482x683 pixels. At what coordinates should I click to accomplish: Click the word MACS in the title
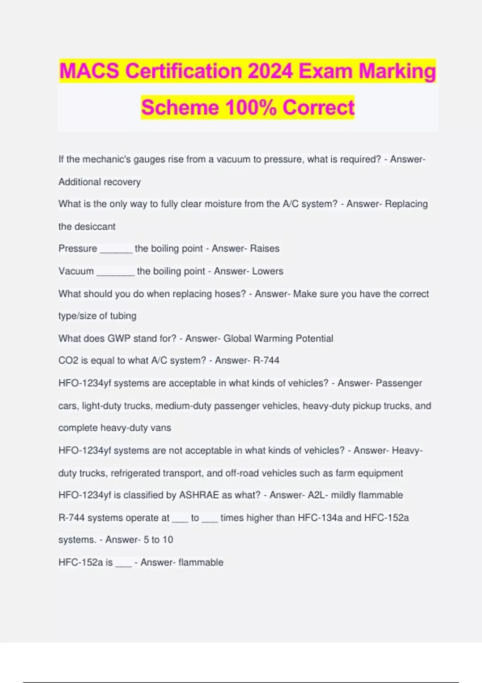[x=89, y=71]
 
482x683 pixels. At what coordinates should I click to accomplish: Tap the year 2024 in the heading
[x=270, y=71]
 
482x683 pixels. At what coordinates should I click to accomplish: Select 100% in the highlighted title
[x=251, y=108]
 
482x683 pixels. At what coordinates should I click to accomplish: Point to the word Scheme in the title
[x=180, y=108]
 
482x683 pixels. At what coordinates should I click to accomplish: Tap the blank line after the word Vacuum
[x=115, y=272]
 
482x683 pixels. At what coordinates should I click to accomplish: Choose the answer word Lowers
[x=268, y=271]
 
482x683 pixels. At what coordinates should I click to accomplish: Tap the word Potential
[x=314, y=339]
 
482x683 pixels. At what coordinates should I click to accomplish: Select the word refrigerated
[x=137, y=473]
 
